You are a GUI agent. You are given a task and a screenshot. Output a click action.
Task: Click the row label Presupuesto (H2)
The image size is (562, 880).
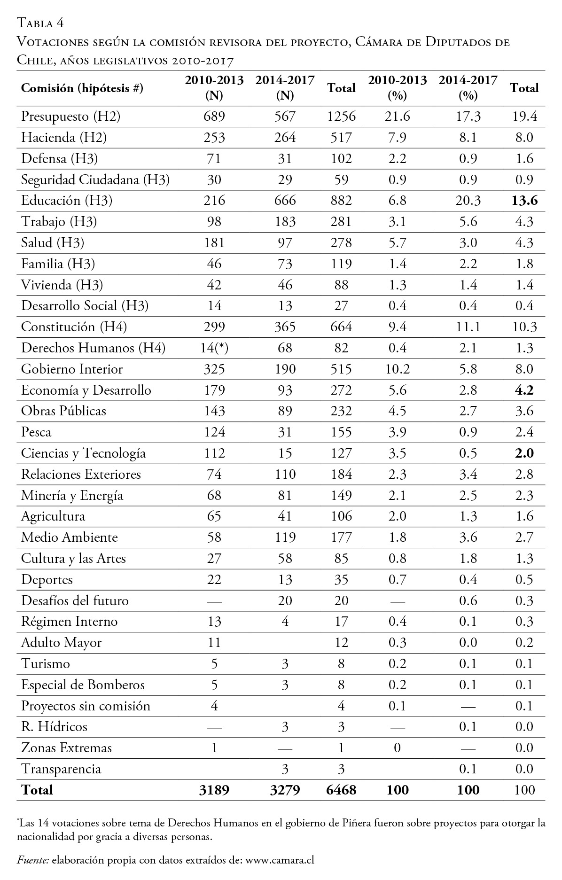point(70,117)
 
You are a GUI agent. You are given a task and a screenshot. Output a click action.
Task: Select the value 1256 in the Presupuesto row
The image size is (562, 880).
point(341,117)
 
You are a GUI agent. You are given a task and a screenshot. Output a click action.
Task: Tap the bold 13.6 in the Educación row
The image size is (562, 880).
point(524,201)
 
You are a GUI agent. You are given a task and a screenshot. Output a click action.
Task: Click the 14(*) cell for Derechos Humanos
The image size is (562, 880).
point(214,348)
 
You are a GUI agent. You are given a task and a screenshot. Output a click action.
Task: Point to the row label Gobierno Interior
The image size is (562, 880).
point(72,369)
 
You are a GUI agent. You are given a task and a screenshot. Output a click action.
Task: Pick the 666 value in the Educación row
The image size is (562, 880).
point(285,201)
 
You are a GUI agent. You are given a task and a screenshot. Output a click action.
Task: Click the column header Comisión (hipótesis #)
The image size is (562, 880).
point(82,88)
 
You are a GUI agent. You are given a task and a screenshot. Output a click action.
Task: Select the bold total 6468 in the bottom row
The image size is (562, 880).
point(341,790)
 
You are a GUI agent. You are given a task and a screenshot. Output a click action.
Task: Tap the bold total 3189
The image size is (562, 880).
point(214,790)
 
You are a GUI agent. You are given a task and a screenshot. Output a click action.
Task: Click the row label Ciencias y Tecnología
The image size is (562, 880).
point(83,453)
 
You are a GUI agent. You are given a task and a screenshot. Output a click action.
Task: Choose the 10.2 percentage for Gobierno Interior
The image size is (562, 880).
point(397,369)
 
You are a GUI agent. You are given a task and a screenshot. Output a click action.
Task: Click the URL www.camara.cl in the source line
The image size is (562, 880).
point(280,860)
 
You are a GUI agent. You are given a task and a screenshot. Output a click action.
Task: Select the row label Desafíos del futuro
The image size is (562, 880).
point(75,601)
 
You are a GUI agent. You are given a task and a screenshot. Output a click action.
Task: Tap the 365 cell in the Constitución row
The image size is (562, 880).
point(285,327)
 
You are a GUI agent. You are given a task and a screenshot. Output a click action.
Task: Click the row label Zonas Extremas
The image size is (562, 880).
point(66,748)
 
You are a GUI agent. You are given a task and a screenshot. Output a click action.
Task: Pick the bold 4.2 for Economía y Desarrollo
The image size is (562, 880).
point(524,390)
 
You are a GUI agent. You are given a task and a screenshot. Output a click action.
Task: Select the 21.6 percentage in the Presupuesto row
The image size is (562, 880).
point(397,117)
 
